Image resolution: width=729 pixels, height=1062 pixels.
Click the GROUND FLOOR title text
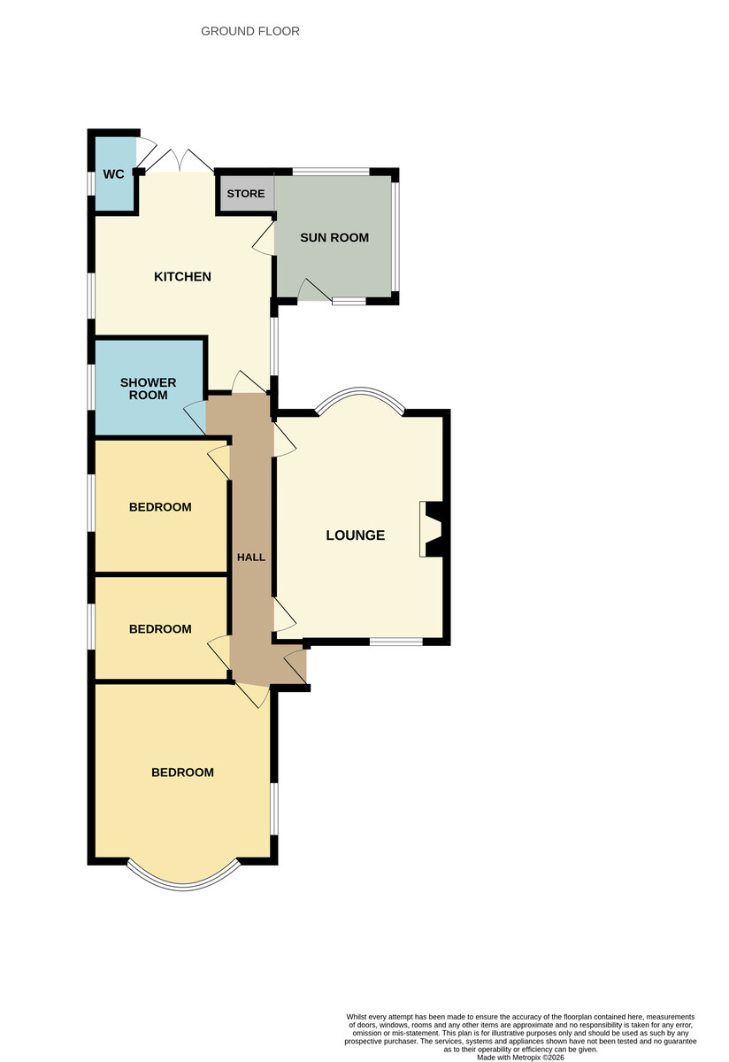pyautogui.click(x=249, y=31)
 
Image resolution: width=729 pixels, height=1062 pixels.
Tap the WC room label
pyautogui.click(x=114, y=174)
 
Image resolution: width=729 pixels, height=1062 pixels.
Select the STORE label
pyautogui.click(x=246, y=194)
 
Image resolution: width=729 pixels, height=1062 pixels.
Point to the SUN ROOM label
pyautogui.click(x=334, y=237)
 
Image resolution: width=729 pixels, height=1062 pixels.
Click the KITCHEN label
pyautogui.click(x=182, y=276)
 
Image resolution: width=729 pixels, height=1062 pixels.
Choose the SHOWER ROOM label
pyautogui.click(x=148, y=389)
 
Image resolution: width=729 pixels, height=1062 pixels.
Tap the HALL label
pyautogui.click(x=250, y=558)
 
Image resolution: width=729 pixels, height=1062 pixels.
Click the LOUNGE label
pyautogui.click(x=355, y=535)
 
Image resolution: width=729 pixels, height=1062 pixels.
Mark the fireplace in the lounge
pyautogui.click(x=432, y=529)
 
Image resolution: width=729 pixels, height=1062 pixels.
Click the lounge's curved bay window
pyautogui.click(x=360, y=389)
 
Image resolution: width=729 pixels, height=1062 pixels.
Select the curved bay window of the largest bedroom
pyautogui.click(x=184, y=887)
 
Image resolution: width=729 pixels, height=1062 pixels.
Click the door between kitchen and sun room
pyautogui.click(x=264, y=240)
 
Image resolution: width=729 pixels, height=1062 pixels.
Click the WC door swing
pyautogui.click(x=146, y=151)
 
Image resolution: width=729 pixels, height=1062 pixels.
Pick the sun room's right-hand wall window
pyautogui.click(x=395, y=236)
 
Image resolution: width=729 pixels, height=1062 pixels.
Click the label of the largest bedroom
pyautogui.click(x=182, y=773)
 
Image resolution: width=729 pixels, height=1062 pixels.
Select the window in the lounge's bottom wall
pyautogui.click(x=395, y=642)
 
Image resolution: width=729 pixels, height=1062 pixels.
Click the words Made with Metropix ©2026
pyautogui.click(x=520, y=1058)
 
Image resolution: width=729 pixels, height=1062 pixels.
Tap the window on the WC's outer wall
pyautogui.click(x=91, y=183)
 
